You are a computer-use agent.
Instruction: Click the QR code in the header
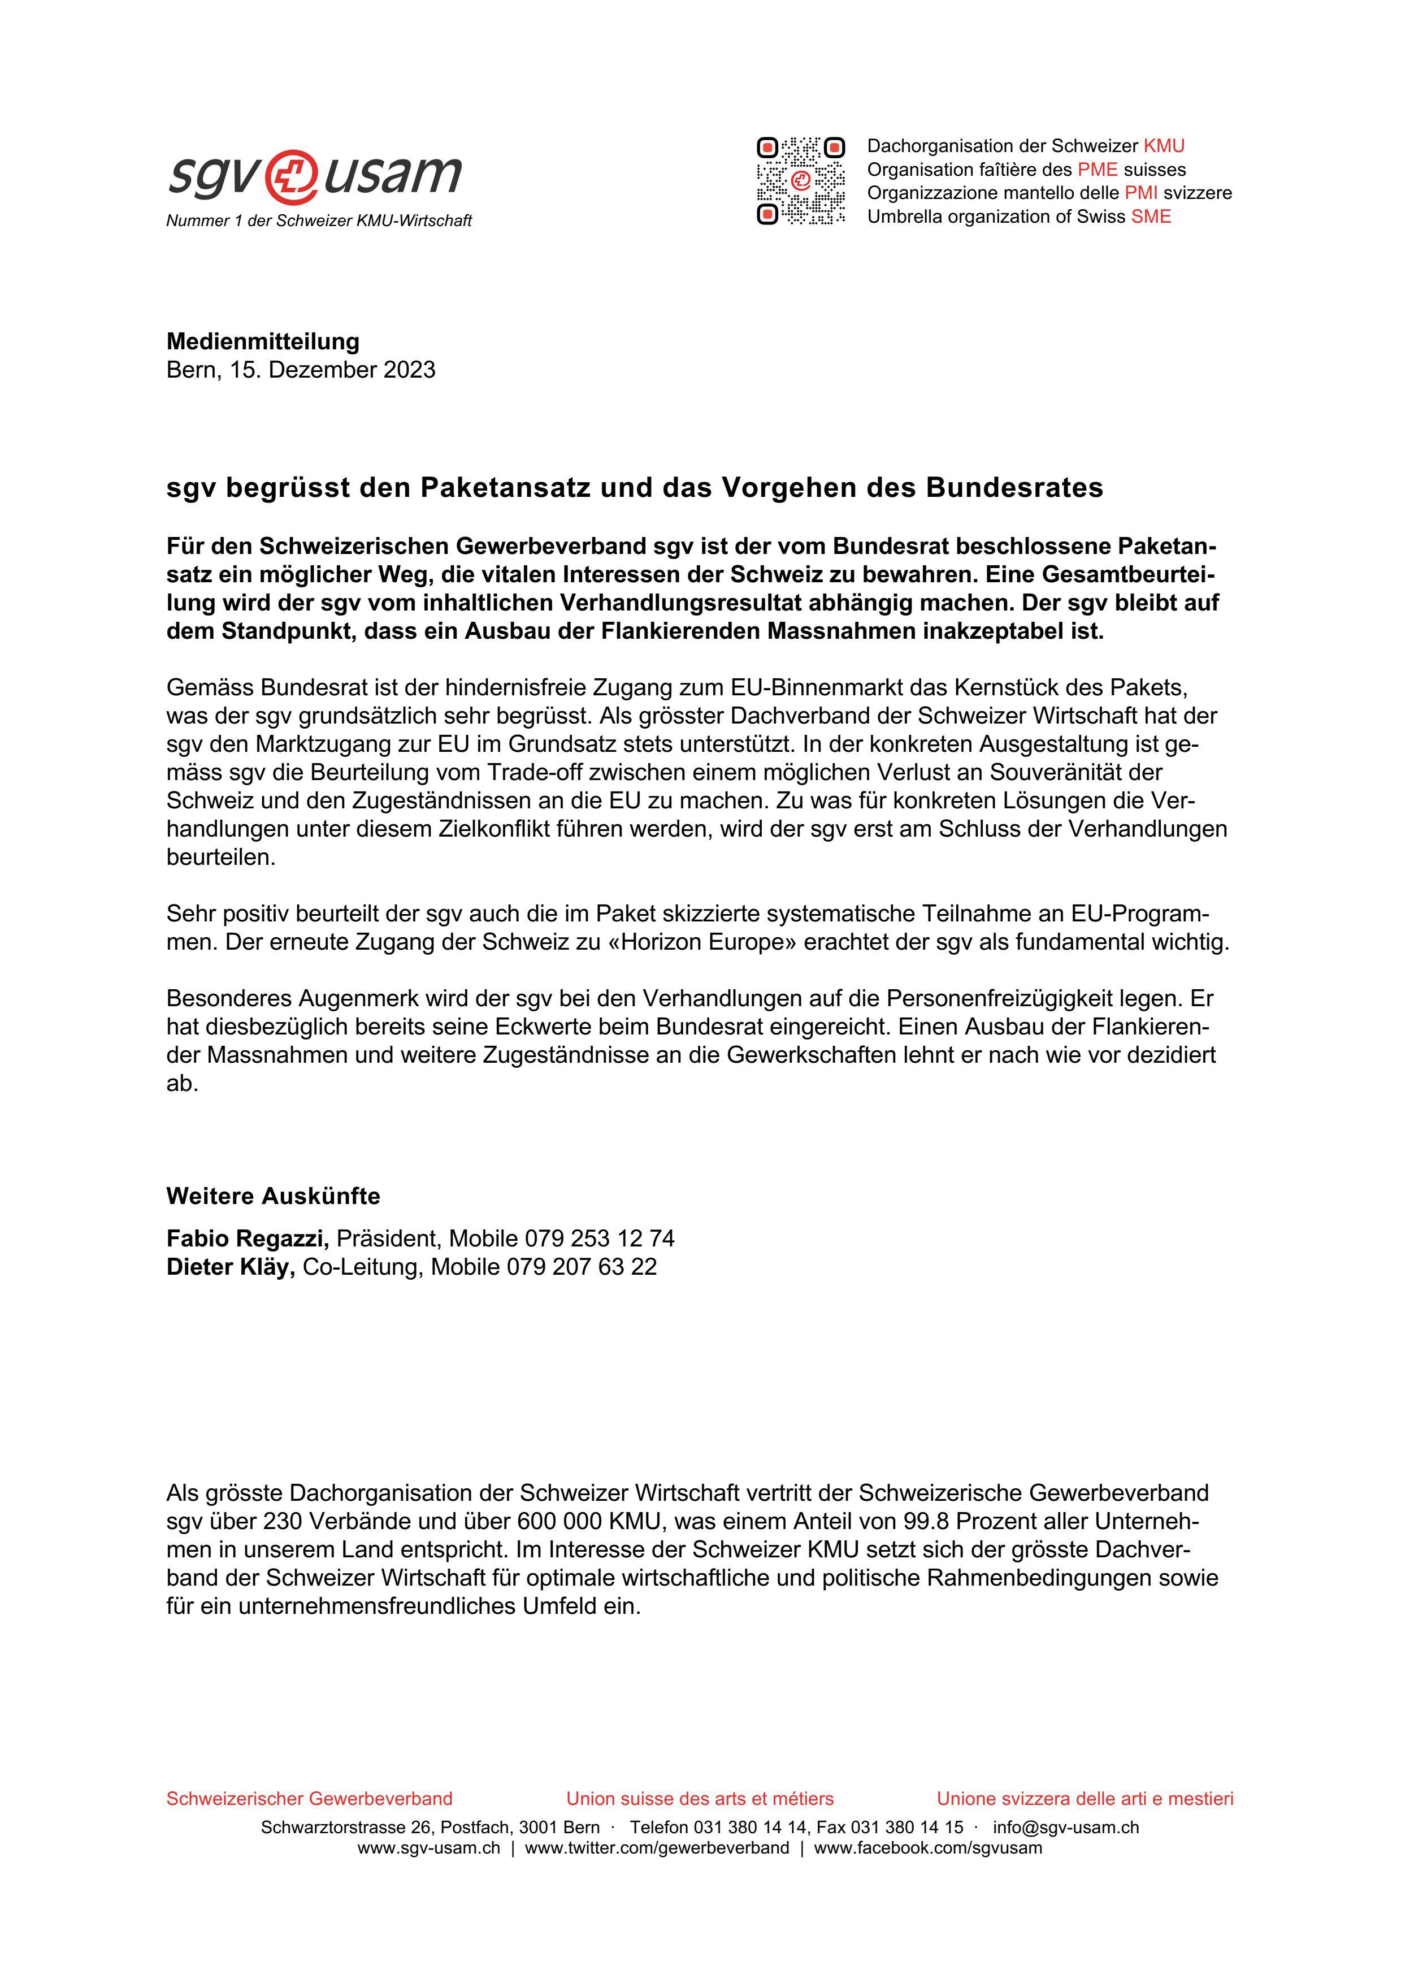coord(800,180)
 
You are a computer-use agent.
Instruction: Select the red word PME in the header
coord(1097,169)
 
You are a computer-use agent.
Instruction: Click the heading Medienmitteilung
coord(262,341)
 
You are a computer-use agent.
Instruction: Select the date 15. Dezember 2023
coord(332,370)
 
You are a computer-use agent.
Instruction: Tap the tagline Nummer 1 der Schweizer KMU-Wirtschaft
coord(319,221)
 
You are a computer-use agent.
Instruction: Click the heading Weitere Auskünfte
coord(273,1196)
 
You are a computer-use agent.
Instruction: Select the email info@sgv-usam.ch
coord(1065,1828)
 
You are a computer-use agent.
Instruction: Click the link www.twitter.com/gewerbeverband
coord(656,1848)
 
